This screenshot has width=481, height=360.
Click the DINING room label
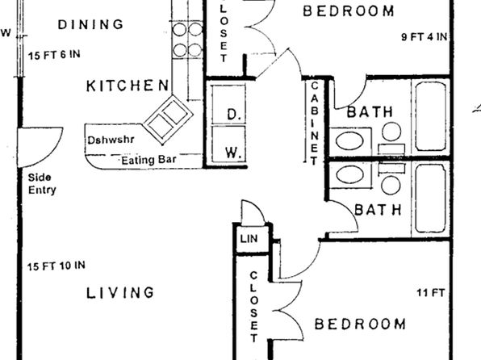click(x=90, y=24)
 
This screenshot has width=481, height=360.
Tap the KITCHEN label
click(x=128, y=86)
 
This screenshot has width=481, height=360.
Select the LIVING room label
click(x=120, y=293)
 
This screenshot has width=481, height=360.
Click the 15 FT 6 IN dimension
click(x=54, y=55)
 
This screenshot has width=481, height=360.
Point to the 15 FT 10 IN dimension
click(x=56, y=266)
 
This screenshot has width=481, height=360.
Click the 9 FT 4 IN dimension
click(x=425, y=37)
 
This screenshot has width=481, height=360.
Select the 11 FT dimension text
click(x=430, y=293)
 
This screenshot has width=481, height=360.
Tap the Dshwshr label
click(x=111, y=140)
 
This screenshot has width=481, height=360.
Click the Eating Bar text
click(x=148, y=160)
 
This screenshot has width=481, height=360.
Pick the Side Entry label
click(x=42, y=183)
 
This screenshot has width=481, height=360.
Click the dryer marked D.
click(x=228, y=104)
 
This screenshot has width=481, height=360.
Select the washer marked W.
click(x=228, y=144)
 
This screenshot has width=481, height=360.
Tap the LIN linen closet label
click(x=249, y=238)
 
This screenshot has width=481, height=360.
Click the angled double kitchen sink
click(x=168, y=120)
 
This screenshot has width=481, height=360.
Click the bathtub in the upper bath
click(x=430, y=116)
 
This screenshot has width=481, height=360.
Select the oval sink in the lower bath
click(x=349, y=175)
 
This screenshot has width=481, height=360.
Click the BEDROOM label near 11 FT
click(x=360, y=324)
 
